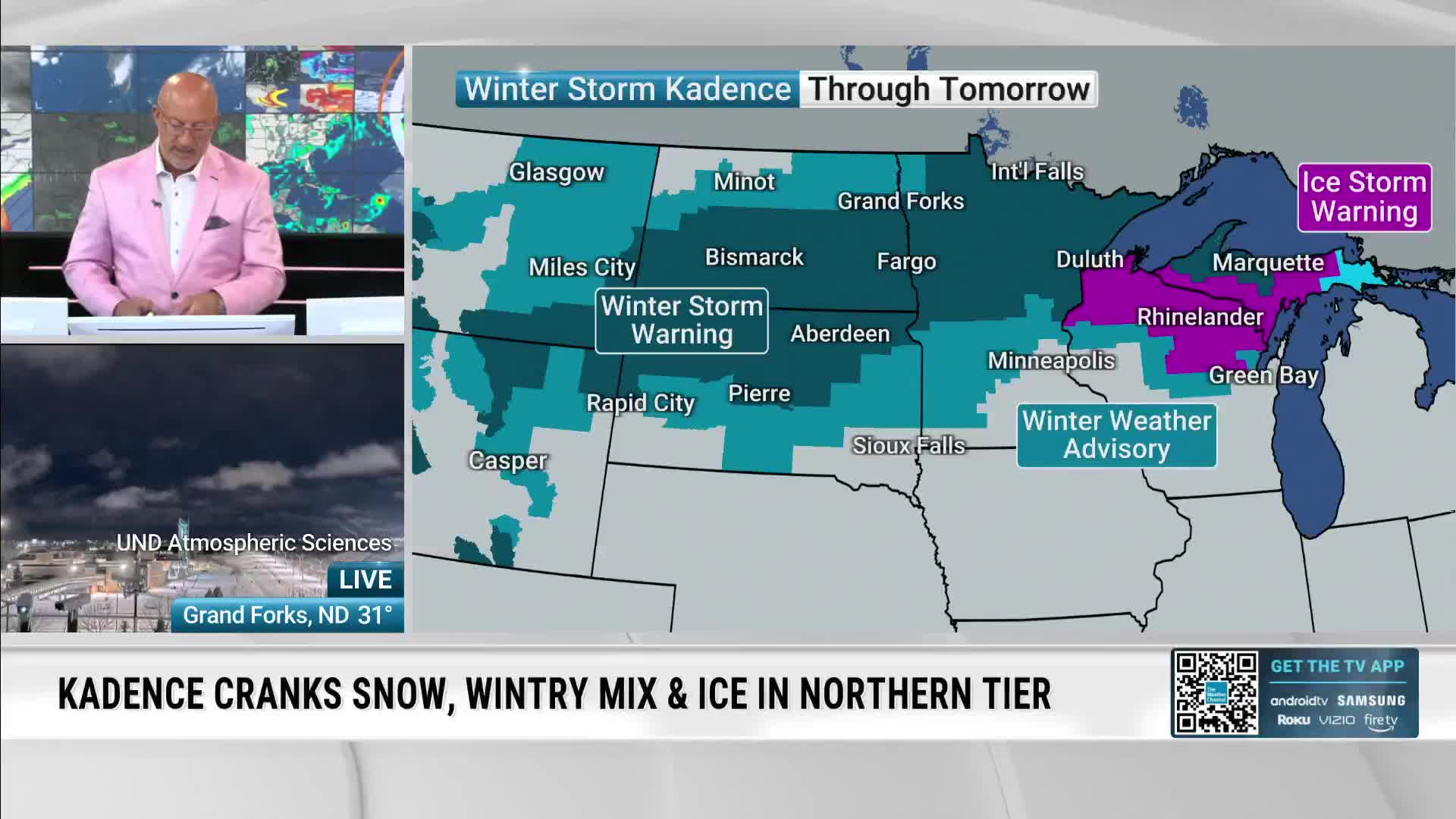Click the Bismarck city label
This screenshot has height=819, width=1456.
pos(754,257)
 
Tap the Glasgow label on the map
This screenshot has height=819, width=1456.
pos(556,173)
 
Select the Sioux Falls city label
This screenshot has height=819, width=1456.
pos(908,445)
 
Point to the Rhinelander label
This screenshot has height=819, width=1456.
pos(1200,317)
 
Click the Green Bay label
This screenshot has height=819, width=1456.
pos(1263,375)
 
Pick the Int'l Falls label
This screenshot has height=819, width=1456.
pos(1037,172)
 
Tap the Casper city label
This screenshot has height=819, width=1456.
pos(507,460)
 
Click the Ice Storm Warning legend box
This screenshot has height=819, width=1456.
pos(1364,197)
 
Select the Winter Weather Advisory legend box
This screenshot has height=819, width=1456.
pos(1116,435)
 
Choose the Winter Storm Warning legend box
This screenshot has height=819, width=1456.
pos(681,320)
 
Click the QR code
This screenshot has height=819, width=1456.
pos(1215,692)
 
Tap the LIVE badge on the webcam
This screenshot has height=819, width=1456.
pos(365,579)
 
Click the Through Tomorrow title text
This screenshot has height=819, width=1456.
pos(948,89)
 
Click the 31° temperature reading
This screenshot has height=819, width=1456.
pos(375,615)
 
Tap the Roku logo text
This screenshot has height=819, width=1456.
pos(1293,720)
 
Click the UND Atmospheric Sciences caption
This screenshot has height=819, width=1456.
pos(253,543)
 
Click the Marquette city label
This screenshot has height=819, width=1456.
pos(1267,262)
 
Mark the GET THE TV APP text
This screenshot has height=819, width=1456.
pos(1337,667)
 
